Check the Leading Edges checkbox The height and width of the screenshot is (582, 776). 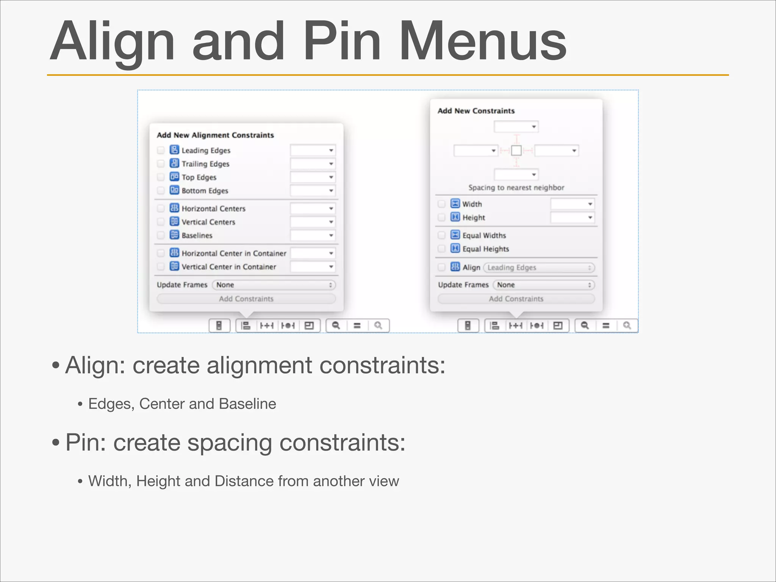click(161, 150)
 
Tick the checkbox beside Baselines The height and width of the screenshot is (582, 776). click(161, 235)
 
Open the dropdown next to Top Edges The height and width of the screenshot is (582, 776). click(313, 177)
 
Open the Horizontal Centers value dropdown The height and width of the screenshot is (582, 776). click(313, 208)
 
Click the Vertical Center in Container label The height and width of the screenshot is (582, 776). click(229, 267)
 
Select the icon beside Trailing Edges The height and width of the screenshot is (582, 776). click(174, 163)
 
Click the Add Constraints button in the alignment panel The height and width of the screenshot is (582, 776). click(246, 299)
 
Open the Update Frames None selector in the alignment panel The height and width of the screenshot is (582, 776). click(274, 285)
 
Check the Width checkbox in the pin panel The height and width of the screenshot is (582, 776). click(441, 204)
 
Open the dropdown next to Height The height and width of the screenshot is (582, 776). click(572, 217)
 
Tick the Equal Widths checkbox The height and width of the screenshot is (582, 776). click(441, 235)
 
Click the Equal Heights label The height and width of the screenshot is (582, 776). click(485, 249)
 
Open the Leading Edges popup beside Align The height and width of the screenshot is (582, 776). click(539, 268)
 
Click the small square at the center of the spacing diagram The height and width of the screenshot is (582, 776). click(516, 151)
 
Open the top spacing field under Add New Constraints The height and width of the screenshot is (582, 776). click(516, 127)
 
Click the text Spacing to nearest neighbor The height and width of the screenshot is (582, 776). click(516, 188)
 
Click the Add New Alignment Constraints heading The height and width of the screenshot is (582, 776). click(215, 135)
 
